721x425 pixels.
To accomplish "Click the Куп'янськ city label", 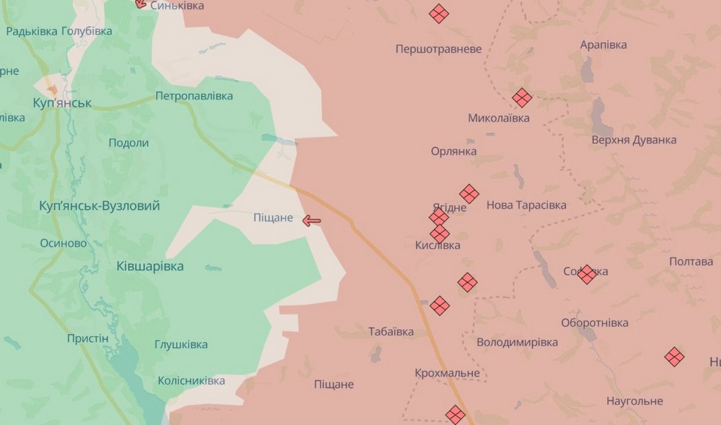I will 62,103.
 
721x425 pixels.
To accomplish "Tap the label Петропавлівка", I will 195,96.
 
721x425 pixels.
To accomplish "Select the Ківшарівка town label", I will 150,266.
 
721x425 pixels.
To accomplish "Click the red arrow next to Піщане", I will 311,221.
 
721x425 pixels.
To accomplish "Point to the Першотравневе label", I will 438,49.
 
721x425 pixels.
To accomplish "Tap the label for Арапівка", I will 603,45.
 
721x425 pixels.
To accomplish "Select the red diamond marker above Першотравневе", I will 438,14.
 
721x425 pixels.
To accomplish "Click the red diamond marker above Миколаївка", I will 522,97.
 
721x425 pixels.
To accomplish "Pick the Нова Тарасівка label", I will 526,205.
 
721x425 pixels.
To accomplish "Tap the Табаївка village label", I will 391,332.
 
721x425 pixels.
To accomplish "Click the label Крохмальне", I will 447,373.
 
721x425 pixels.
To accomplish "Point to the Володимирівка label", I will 517,342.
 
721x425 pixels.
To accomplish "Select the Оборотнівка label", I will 595,323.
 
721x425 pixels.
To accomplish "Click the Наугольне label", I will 634,400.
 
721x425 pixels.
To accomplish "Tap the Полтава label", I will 691,261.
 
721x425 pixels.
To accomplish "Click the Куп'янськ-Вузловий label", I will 99,206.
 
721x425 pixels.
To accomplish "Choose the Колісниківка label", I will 191,380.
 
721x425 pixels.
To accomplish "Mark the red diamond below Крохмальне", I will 455,414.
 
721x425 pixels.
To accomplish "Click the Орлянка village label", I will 454,152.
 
